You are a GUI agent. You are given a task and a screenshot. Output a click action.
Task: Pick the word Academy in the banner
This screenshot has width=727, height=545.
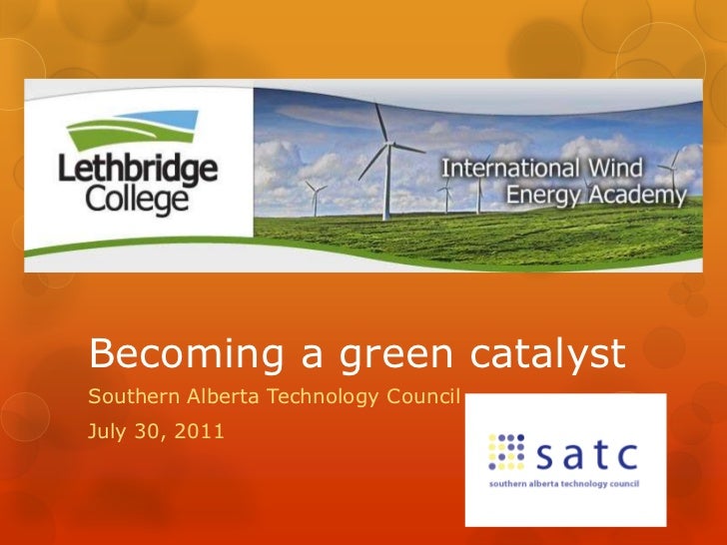coord(643,196)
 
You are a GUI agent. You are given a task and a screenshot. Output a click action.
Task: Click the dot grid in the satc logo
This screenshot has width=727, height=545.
coord(506,452)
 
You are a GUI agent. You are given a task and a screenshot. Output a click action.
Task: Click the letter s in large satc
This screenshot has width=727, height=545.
coord(542,455)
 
